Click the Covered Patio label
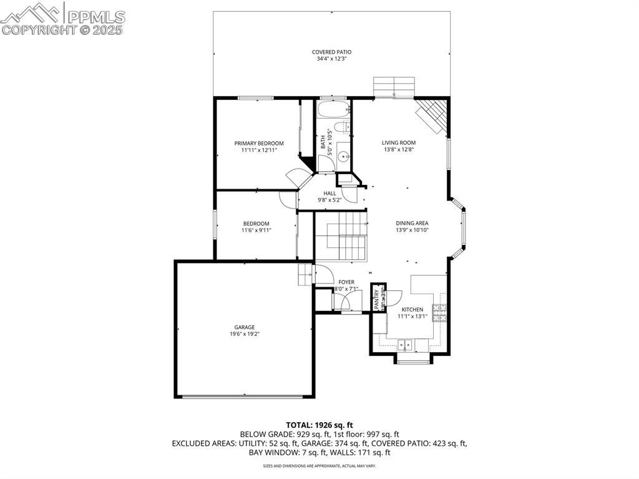[x=331, y=52]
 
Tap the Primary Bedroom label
[x=259, y=143]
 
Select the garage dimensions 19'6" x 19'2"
[x=245, y=334]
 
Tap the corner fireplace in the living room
[x=434, y=116]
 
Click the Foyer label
[x=346, y=282]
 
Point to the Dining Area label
[x=412, y=223]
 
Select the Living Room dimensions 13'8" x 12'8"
[x=399, y=150]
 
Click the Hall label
[x=329, y=193]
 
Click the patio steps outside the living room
[x=394, y=87]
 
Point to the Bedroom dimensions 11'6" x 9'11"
[x=256, y=230]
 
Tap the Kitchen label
[x=412, y=309]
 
